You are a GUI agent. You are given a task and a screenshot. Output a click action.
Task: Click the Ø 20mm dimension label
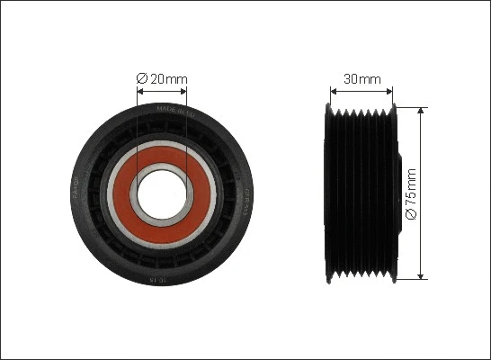coord(163,79)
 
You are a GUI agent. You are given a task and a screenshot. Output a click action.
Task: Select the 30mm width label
coord(362,79)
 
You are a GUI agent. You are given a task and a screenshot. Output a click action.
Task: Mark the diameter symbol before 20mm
coord(141,79)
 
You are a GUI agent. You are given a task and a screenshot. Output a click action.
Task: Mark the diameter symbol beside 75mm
coord(412,215)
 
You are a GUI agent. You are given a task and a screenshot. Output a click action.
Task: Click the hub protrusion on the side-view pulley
coord(396,193)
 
